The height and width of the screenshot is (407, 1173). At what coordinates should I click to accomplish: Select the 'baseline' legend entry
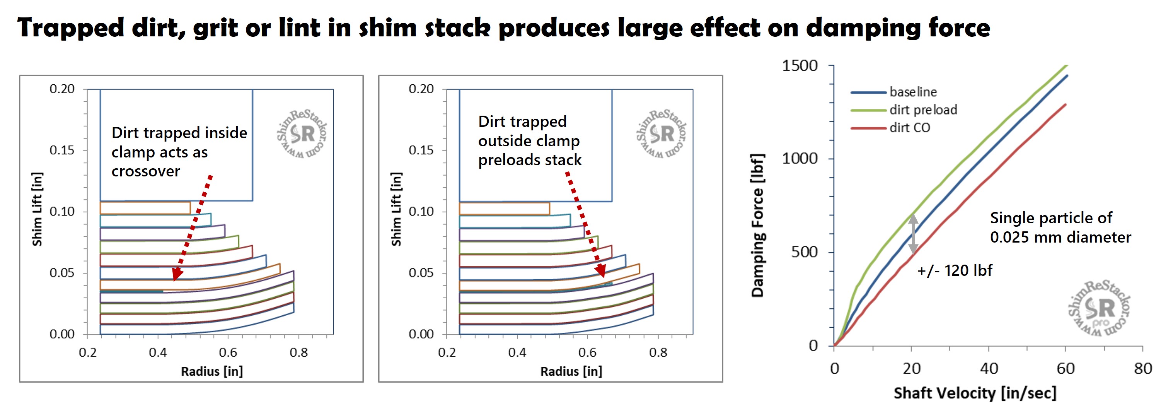[x=912, y=92]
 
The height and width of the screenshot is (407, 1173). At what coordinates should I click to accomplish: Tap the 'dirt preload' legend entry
[x=923, y=110]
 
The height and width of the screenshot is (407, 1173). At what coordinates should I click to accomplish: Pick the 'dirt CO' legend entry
[x=909, y=128]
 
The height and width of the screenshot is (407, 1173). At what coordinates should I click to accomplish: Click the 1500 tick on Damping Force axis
[x=800, y=66]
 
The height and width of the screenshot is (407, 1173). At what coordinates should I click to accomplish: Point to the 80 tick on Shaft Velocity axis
[x=1142, y=368]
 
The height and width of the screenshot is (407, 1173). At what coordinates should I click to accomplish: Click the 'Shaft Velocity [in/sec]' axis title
[x=974, y=393]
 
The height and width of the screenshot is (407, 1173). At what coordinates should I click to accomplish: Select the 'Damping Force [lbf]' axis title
[x=757, y=226]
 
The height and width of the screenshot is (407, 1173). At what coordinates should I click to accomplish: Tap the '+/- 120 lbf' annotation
[x=955, y=270]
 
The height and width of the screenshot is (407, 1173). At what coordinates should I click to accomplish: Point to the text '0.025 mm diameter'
[x=1060, y=237]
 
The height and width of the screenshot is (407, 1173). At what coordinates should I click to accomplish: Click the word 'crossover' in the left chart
[x=146, y=171]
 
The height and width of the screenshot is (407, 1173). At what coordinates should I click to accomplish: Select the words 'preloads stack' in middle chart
[x=530, y=160]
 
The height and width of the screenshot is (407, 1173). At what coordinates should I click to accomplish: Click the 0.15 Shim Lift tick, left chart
[x=62, y=150]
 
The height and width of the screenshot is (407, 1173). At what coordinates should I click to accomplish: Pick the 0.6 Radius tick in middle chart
[x=587, y=352]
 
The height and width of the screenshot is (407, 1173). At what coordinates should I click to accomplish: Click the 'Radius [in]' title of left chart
[x=212, y=371]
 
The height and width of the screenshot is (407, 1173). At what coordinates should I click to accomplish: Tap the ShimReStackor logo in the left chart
[x=302, y=134]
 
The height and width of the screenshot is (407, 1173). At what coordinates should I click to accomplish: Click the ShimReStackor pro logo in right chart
[x=1099, y=309]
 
